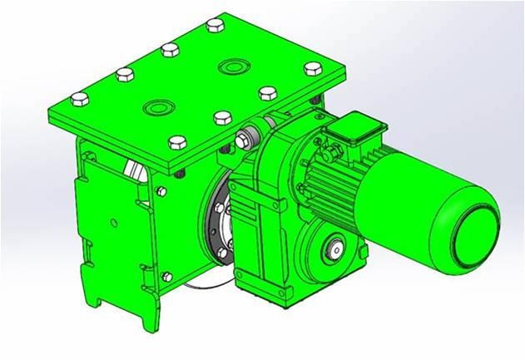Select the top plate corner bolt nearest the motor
[x=312, y=67]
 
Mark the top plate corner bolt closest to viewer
[x=176, y=141]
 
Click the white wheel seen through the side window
[x=132, y=169]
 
